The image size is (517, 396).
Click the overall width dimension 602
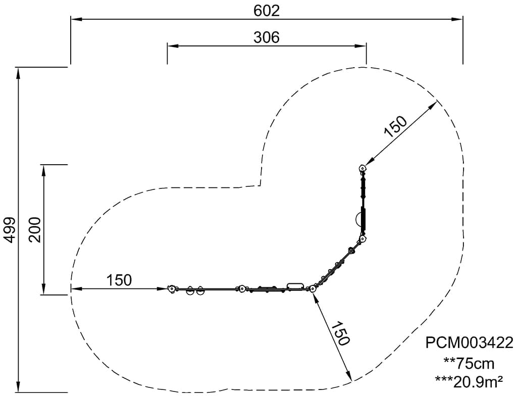[267, 11]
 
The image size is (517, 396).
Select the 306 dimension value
[267, 37]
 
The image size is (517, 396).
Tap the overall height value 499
[10, 230]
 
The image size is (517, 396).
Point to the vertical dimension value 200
[35, 230]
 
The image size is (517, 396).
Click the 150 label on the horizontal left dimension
[119, 280]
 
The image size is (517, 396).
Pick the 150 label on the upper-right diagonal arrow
[396, 126]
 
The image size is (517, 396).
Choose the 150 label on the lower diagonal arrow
[340, 333]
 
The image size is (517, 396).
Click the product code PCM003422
[469, 342]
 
